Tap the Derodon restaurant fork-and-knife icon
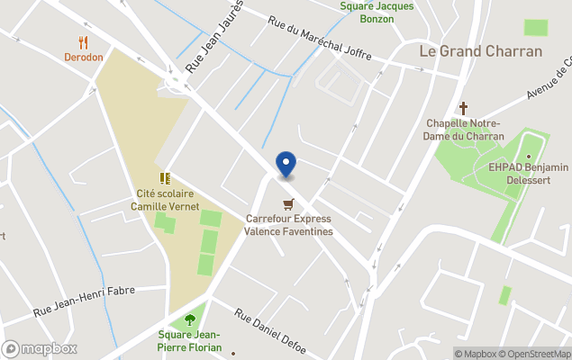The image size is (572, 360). pyautogui.click(x=84, y=41)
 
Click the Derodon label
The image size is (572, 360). pyautogui.click(x=84, y=57)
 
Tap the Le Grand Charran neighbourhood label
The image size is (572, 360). pyautogui.click(x=481, y=51)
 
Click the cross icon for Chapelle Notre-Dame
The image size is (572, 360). pyautogui.click(x=464, y=107)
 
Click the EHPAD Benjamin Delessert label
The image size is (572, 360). pyautogui.click(x=528, y=173)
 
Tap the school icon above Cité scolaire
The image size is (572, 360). pyautogui.click(x=165, y=178)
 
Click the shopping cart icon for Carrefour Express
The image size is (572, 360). pyautogui.click(x=288, y=204)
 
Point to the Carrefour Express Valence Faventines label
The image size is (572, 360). pyautogui.click(x=288, y=225)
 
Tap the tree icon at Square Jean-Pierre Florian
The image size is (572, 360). pyautogui.click(x=189, y=319)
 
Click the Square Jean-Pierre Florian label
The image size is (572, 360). pyautogui.click(x=190, y=340)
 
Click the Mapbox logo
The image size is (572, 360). pyautogui.click(x=40, y=348)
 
